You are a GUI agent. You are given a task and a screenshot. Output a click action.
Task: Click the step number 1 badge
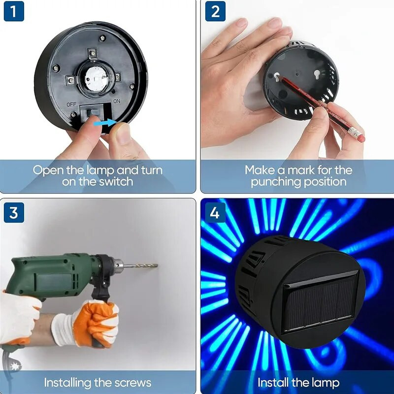[x=14, y=11]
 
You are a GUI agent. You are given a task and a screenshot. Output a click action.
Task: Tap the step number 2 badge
[x=215, y=11]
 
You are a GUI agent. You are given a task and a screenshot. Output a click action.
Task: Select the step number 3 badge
[x=14, y=213]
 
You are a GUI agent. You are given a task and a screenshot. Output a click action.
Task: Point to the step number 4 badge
[x=215, y=213]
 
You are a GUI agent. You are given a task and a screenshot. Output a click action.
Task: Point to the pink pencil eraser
[x=361, y=137]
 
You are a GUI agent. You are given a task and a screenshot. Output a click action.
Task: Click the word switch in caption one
[x=114, y=182]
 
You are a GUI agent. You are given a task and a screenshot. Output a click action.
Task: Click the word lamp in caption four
[x=324, y=383]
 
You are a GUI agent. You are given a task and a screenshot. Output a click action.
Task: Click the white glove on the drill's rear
[x=20, y=315]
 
